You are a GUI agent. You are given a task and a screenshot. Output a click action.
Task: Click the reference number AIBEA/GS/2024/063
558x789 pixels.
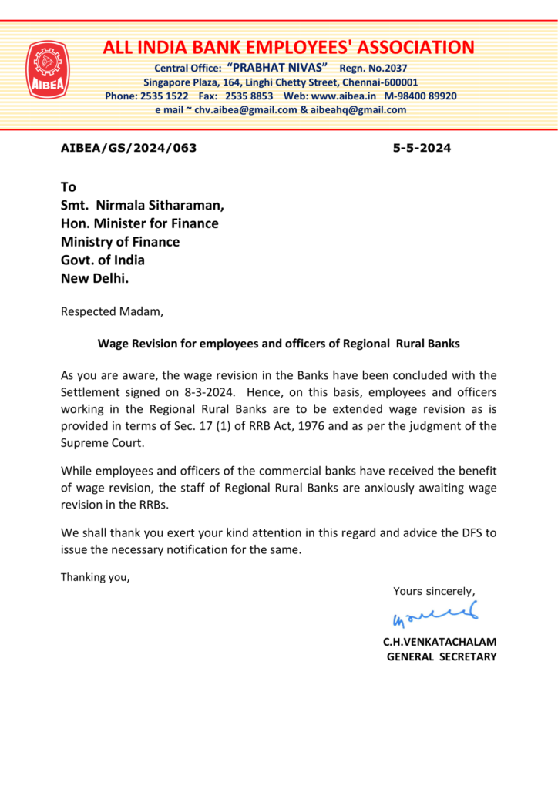click(x=129, y=148)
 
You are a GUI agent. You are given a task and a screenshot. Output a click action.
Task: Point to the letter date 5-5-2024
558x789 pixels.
click(x=422, y=148)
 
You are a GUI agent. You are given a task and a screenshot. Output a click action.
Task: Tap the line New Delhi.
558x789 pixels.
click(x=95, y=278)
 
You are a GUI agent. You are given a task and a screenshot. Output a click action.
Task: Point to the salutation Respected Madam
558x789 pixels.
click(x=112, y=312)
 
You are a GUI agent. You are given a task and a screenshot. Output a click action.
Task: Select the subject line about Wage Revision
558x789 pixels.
click(x=278, y=344)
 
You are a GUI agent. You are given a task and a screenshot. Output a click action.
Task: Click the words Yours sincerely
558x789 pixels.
click(x=434, y=591)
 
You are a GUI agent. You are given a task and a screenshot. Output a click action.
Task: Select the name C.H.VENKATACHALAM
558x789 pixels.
click(x=440, y=641)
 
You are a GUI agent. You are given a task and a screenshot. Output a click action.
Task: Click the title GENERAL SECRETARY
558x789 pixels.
click(x=442, y=656)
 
